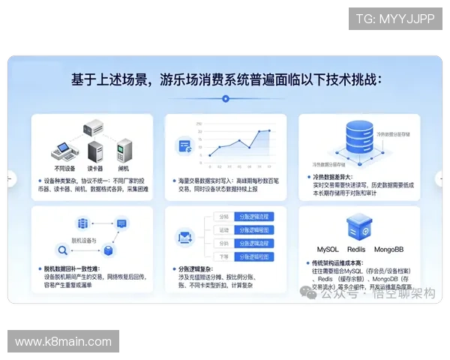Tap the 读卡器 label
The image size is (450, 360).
tap(94, 169)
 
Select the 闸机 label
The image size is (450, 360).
tap(123, 169)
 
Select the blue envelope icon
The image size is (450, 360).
tap(185, 238)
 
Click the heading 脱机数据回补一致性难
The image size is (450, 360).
tap(70, 268)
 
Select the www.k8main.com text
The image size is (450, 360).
tap(63, 342)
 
